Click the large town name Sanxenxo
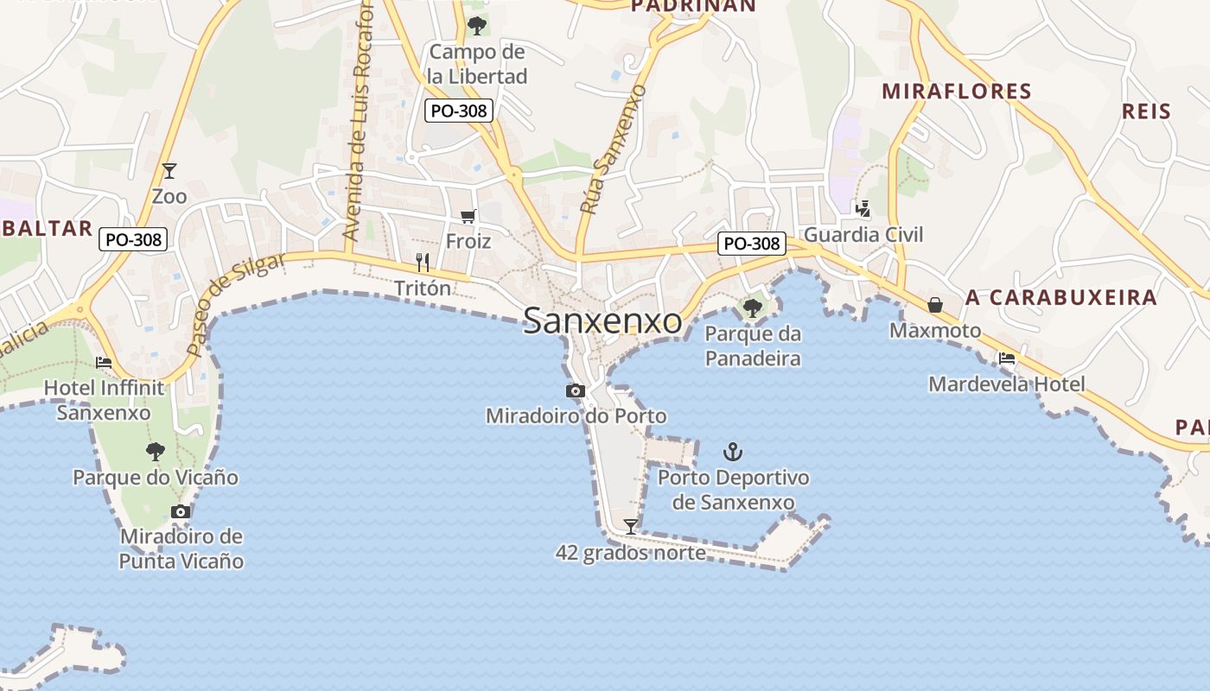click(602, 320)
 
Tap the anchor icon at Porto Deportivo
click(733, 452)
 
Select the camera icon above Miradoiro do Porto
click(576, 391)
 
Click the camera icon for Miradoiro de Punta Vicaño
click(181, 512)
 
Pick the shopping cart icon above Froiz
click(468, 216)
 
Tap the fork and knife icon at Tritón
click(423, 263)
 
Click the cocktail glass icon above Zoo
click(169, 171)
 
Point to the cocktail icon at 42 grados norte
click(632, 526)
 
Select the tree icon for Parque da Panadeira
click(753, 307)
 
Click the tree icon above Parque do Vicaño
click(156, 451)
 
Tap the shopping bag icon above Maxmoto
click(935, 305)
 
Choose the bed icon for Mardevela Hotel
click(1007, 358)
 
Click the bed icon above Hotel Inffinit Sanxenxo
click(104, 363)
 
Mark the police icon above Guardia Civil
click(863, 208)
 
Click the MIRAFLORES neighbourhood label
click(957, 92)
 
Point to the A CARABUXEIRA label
click(1061, 298)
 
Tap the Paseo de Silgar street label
click(236, 305)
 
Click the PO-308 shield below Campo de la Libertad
click(460, 111)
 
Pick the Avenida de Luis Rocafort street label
click(359, 121)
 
